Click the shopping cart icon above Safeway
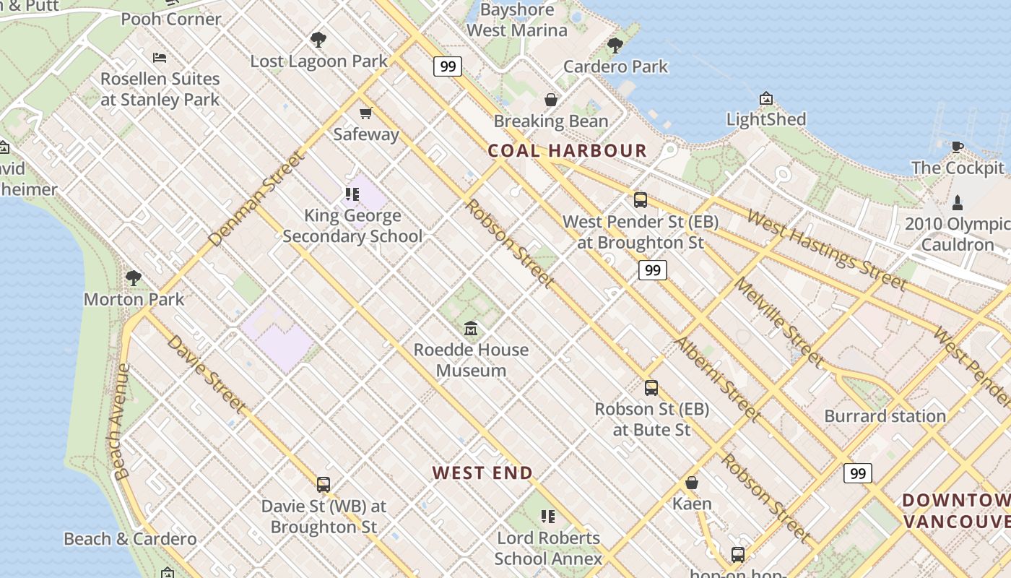point(366,113)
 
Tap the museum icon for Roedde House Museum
point(471,329)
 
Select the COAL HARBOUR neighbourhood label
point(567,151)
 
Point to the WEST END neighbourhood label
point(482,473)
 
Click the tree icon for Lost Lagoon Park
point(318,40)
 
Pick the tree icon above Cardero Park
point(615,46)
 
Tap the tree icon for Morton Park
point(134,278)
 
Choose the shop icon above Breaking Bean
point(551,100)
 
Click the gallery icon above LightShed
point(766,98)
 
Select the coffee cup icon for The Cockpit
point(958,147)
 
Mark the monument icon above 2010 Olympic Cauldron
point(958,202)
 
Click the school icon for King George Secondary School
point(352,194)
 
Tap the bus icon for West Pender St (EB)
point(640,200)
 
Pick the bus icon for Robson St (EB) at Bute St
point(651,388)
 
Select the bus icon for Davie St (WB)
point(324,485)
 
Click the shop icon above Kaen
point(692,483)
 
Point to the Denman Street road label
point(255,199)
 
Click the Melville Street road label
point(778,320)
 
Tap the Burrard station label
point(885,416)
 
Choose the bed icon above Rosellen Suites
point(160,58)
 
